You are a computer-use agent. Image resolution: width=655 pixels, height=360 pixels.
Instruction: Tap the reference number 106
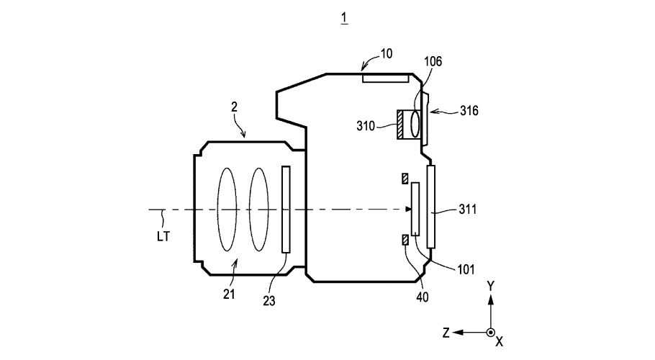click(433, 63)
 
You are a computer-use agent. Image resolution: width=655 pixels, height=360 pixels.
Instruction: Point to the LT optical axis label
click(163, 235)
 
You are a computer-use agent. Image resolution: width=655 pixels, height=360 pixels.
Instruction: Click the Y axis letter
click(490, 285)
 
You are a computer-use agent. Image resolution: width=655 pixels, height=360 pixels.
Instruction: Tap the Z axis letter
click(446, 332)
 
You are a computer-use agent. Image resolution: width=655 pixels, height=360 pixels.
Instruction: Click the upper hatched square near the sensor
click(405, 178)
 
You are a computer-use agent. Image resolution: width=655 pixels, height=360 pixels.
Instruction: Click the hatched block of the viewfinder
click(399, 124)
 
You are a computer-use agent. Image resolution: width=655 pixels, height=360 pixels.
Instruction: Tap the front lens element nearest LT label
click(227, 210)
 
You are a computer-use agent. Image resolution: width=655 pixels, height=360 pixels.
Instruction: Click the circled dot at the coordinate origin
click(490, 332)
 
